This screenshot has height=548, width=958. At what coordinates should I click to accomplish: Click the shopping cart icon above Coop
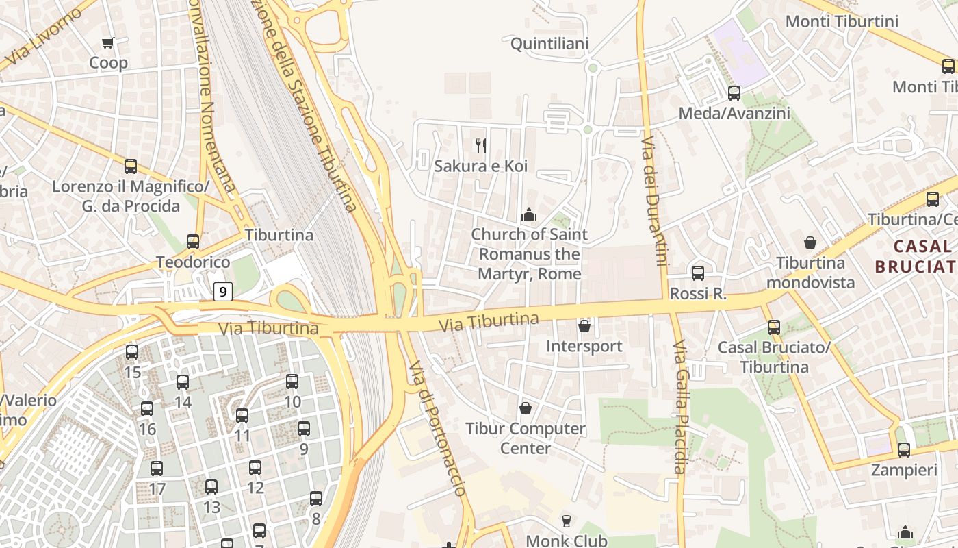tap(107, 43)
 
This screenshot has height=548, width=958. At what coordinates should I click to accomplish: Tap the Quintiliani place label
tap(549, 44)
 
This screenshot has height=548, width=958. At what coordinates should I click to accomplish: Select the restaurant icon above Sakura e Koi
tap(481, 145)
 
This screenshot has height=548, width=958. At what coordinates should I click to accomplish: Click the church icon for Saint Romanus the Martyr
tap(528, 215)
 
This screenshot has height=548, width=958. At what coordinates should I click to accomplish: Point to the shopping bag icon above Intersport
tap(584, 326)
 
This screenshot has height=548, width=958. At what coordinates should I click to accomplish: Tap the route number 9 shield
tap(222, 292)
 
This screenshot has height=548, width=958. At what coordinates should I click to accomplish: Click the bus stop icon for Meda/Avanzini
tap(734, 92)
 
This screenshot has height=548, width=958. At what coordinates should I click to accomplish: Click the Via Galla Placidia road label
tap(679, 407)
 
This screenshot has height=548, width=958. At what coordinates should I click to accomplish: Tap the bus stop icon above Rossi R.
tap(698, 273)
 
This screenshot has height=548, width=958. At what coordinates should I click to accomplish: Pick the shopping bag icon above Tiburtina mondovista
tap(810, 242)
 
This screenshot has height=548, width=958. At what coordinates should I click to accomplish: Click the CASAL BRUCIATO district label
tap(916, 256)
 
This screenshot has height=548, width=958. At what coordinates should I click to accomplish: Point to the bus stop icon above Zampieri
tap(904, 450)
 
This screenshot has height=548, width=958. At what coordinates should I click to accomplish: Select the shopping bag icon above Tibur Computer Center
tap(526, 409)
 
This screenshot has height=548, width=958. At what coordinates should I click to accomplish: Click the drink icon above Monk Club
tap(566, 521)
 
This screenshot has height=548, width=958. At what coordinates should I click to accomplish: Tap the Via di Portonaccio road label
tap(437, 427)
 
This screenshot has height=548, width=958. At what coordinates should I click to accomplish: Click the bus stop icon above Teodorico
tap(193, 242)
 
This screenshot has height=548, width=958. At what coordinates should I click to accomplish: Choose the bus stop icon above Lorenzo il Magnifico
tap(131, 166)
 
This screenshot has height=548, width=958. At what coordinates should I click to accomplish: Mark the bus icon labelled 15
tap(132, 352)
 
